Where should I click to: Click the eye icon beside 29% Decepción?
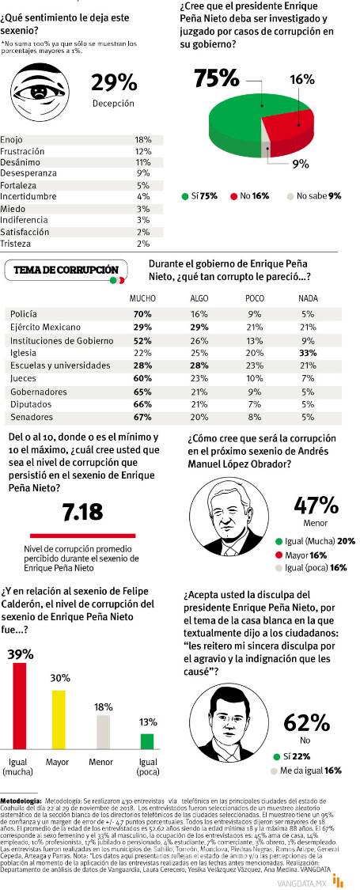tap(43, 92)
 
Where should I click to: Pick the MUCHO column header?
tap(142, 299)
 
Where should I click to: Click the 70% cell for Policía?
tap(143, 314)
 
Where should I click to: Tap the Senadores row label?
tap(27, 417)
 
